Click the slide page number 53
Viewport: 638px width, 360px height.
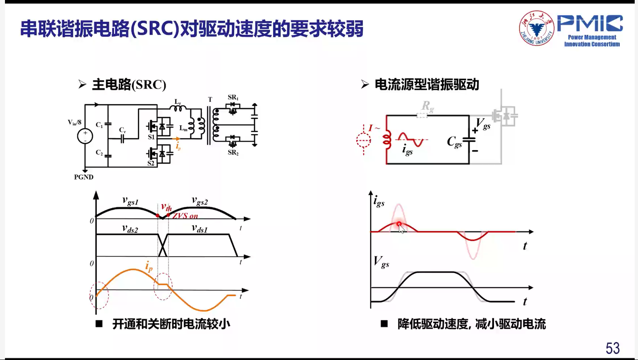point(612,348)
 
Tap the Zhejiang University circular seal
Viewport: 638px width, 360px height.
point(537,28)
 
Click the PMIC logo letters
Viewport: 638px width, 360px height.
point(590,24)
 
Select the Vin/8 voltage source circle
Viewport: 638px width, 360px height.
point(85,136)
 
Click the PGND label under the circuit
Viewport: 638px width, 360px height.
point(84,177)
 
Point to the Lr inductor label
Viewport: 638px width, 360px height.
point(177,102)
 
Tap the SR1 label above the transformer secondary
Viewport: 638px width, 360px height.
point(233,98)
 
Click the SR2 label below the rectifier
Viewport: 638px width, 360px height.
point(233,153)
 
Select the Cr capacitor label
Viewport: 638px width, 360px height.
point(122,130)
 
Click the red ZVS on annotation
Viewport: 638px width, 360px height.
point(185,216)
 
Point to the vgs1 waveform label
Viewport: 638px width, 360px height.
point(130,202)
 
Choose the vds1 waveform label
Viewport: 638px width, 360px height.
point(199,229)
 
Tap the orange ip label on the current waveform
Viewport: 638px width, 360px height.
point(149,266)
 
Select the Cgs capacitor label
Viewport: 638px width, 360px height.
point(454,142)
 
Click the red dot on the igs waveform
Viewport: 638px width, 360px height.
point(399,224)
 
